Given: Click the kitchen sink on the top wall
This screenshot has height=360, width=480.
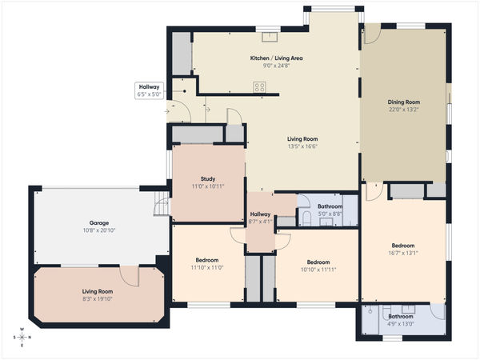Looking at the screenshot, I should pos(269,35).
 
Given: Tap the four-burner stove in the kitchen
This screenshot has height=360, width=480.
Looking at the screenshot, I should pos(259,88).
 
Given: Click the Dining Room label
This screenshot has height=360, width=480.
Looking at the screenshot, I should pos(403,102).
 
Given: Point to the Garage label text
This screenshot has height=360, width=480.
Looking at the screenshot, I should pos(99,222).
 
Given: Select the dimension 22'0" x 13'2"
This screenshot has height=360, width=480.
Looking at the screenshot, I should pos(403,110).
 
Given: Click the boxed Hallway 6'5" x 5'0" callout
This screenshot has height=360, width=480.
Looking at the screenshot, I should pos(150,90).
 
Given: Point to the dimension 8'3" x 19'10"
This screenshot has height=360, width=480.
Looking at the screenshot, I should pos(98,299).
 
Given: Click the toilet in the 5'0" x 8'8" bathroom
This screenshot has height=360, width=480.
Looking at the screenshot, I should pos(305,218).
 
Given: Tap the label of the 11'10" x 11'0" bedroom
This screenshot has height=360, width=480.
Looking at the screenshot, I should pos(206,261).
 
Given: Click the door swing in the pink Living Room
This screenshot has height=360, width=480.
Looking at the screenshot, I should pos(129,276).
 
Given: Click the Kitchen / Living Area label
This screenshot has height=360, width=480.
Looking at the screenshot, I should pos(276,58).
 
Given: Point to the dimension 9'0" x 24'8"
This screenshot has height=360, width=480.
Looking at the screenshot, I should pos(276,66).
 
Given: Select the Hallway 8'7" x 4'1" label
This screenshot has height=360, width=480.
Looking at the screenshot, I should pos(260,218).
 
